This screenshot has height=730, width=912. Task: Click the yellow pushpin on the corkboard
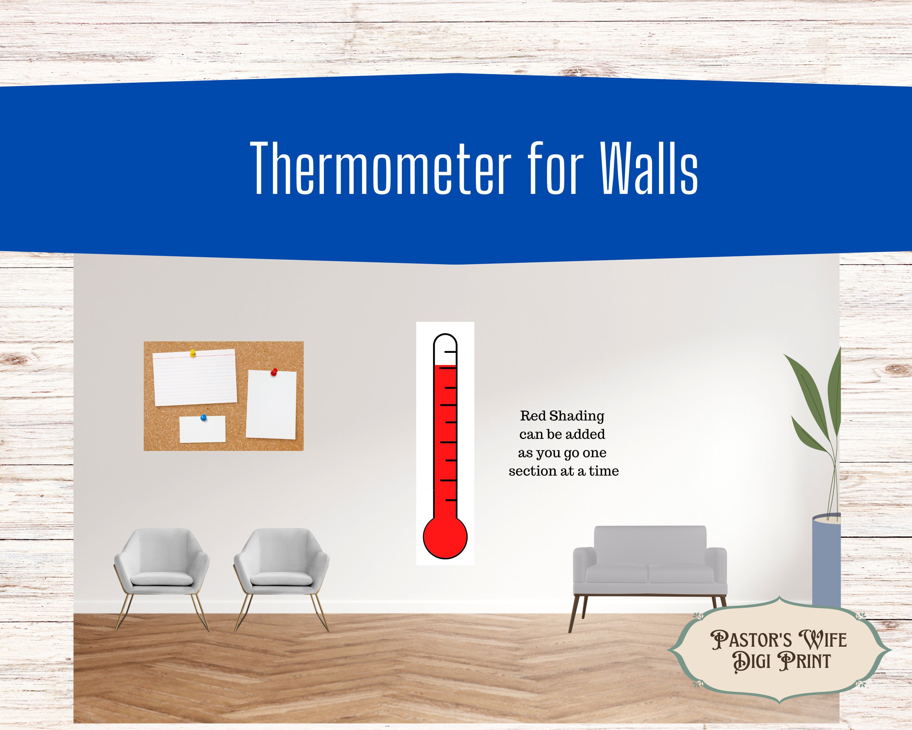[193, 353]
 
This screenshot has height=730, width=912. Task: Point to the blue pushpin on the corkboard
[204, 418]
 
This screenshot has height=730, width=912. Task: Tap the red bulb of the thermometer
[445, 537]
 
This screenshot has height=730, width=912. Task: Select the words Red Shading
[562, 416]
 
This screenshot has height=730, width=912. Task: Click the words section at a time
[563, 471]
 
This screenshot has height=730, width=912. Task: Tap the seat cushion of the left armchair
[161, 578]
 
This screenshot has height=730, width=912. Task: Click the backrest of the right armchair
[281, 550]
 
